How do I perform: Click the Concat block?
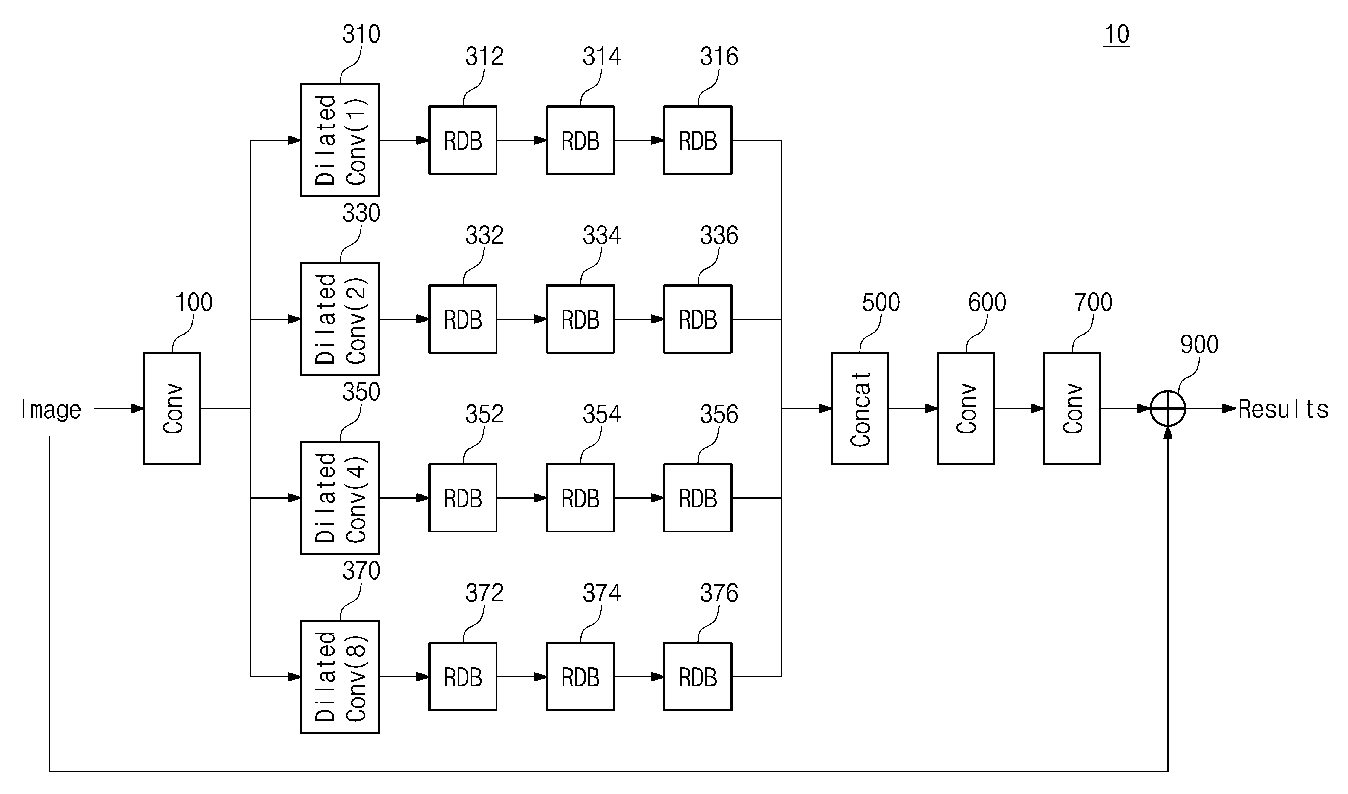860,408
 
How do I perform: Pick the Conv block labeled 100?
172,408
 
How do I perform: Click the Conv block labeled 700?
1072,408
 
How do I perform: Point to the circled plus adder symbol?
1168,408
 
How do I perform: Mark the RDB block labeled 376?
698,677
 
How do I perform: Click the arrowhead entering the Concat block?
825,408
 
